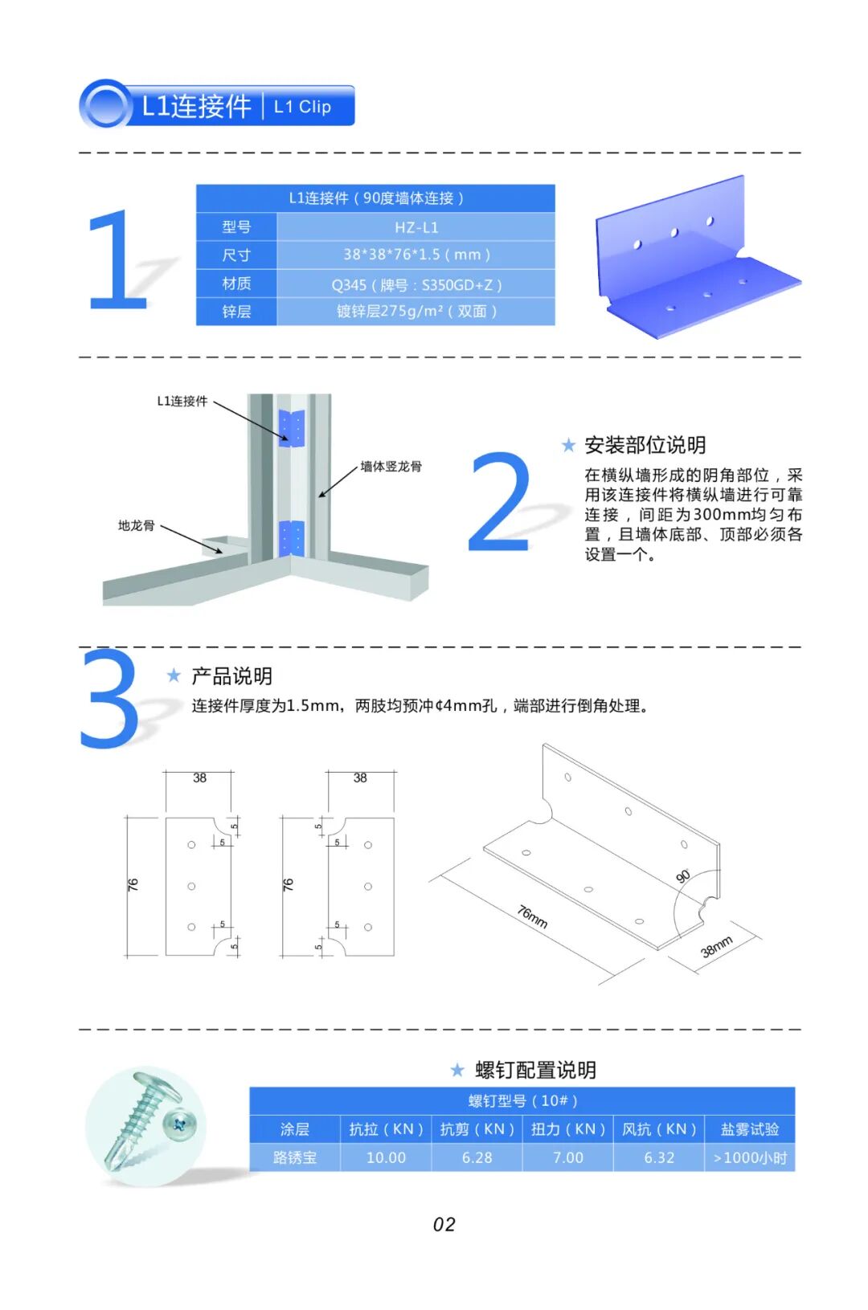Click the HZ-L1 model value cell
(x=416, y=227)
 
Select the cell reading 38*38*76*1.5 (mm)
(x=416, y=255)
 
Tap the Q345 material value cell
(x=416, y=284)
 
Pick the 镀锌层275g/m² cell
(x=416, y=311)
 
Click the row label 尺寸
(x=236, y=255)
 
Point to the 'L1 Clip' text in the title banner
(x=303, y=107)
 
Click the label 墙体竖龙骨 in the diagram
(x=391, y=466)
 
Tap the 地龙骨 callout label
(x=137, y=525)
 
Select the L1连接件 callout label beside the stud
(x=182, y=401)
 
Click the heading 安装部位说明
(x=645, y=445)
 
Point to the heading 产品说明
(x=231, y=676)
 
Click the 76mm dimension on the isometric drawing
(x=532, y=916)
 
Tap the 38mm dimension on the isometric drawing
(x=716, y=947)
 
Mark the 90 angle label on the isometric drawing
(x=683, y=876)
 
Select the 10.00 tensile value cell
(x=386, y=1157)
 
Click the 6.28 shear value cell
(x=477, y=1157)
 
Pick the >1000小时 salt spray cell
(x=750, y=1157)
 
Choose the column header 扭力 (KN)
(x=567, y=1128)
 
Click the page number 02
(x=444, y=1224)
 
